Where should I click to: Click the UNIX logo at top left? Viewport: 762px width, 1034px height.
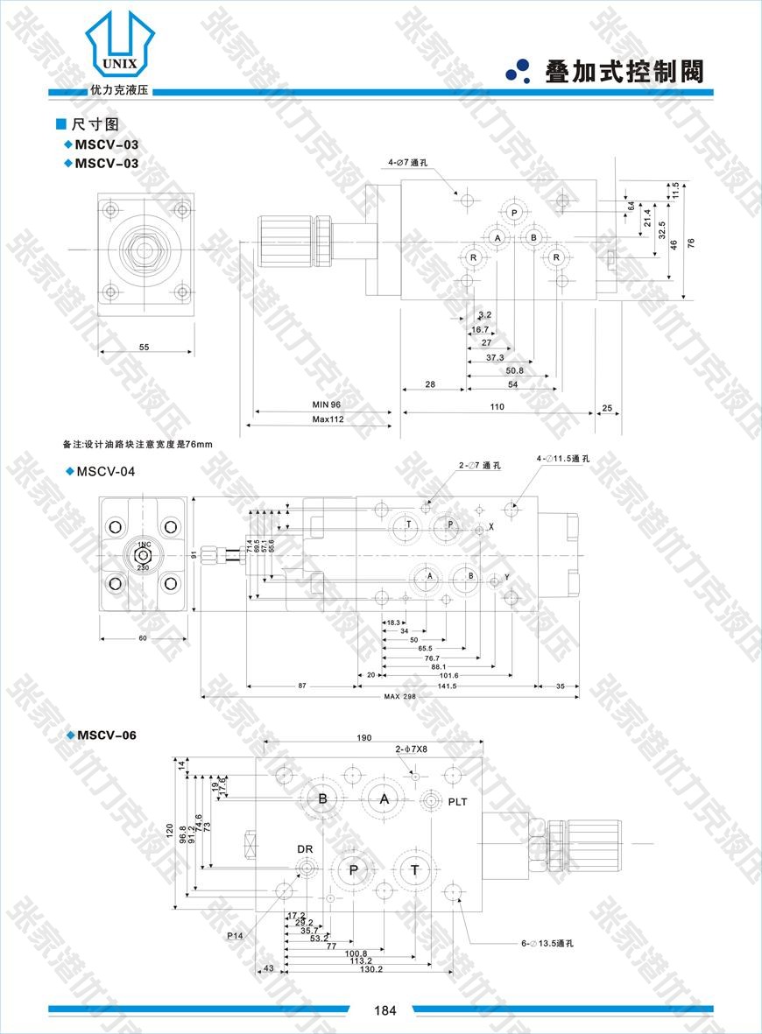(x=120, y=48)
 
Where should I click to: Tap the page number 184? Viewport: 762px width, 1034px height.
(x=385, y=1010)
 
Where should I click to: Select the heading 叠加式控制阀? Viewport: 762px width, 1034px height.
(x=624, y=72)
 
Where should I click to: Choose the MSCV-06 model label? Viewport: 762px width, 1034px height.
(x=106, y=735)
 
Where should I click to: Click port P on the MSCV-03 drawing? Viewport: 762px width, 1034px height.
(x=513, y=213)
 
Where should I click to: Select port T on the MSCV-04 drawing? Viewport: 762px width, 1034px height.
(x=408, y=524)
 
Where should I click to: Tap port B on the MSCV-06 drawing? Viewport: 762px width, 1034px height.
(x=322, y=798)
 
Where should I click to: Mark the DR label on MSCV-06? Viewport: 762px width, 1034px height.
(x=304, y=849)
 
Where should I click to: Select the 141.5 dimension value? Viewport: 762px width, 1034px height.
(x=447, y=686)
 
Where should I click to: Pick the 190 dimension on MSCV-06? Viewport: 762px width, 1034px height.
(x=364, y=738)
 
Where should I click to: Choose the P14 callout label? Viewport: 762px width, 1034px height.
(x=235, y=936)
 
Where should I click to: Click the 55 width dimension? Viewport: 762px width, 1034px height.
(x=144, y=348)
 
